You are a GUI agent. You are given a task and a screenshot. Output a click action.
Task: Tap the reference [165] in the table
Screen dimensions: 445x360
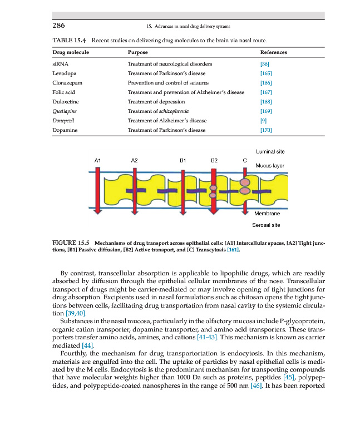click(x=265, y=73)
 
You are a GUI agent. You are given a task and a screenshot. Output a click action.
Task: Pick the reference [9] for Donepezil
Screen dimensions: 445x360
click(x=263, y=121)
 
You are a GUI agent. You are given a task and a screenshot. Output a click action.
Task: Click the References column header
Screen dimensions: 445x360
click(x=274, y=52)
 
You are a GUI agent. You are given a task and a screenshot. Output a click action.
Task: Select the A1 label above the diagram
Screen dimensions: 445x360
click(x=97, y=160)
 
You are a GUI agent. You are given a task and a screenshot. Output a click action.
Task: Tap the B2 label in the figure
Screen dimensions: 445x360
click(x=214, y=160)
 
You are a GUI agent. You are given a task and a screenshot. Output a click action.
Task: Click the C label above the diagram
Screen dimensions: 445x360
click(x=245, y=160)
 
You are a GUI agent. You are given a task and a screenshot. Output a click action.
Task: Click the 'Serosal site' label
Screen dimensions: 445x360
click(x=268, y=225)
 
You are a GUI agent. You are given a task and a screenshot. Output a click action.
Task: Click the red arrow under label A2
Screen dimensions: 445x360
click(x=134, y=189)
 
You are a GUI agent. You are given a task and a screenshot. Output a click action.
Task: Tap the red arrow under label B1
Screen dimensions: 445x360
click(x=183, y=189)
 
